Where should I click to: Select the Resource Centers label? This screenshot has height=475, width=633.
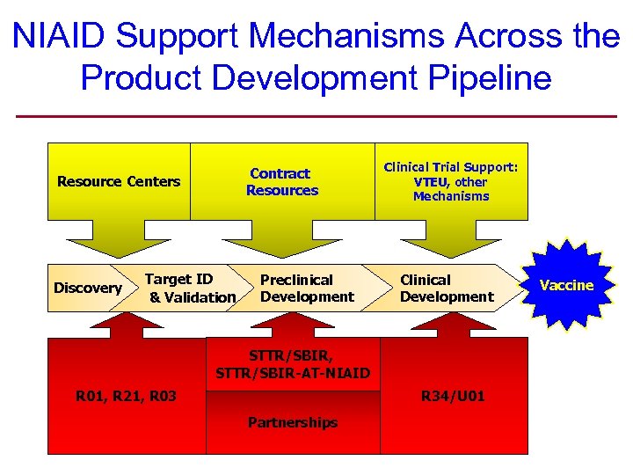[119, 182]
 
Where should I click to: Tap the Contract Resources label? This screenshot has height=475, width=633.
[281, 182]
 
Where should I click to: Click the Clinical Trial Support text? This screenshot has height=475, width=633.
[451, 167]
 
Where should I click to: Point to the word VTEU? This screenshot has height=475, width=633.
[430, 182]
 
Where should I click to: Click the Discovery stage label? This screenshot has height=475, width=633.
[87, 289]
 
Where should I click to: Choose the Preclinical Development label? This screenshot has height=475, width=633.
[307, 289]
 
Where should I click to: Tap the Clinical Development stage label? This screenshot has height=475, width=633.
[447, 289]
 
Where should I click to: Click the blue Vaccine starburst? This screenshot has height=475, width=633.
[566, 285]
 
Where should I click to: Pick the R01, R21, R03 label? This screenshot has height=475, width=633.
[126, 397]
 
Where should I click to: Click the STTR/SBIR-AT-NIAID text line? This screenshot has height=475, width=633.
[293, 374]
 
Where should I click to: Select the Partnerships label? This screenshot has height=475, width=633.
[293, 423]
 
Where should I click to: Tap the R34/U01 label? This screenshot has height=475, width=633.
[453, 397]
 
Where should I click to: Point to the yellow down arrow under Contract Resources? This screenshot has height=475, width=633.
[280, 239]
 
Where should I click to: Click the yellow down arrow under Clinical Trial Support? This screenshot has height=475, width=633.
[451, 239]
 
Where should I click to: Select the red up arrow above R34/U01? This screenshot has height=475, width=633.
[451, 325]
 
